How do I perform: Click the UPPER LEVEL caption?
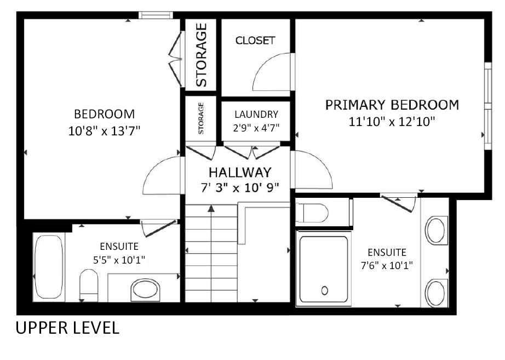[x=67, y=328]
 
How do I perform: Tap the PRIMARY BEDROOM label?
[x=392, y=105]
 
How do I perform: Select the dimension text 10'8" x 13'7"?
[x=104, y=131]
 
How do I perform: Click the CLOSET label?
[x=255, y=41]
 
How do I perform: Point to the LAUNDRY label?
[x=256, y=115]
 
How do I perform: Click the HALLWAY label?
[x=239, y=172]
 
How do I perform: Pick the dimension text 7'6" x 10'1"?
[x=387, y=265]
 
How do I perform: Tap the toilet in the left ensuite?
[x=88, y=284]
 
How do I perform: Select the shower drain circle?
[x=324, y=290]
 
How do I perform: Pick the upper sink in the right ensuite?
[x=437, y=231]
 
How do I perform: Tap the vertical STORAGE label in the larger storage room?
[x=201, y=55]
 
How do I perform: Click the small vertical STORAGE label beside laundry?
[x=201, y=118]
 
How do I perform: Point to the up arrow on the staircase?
[x=211, y=208]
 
